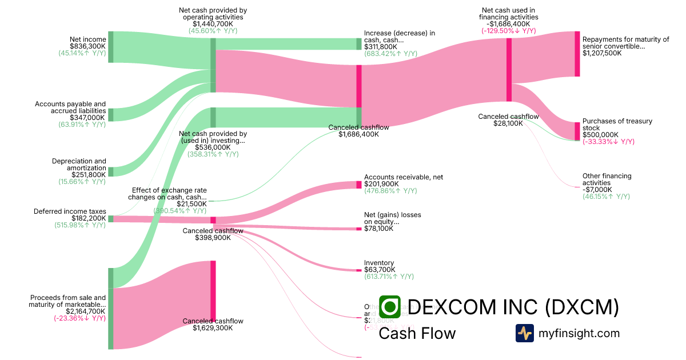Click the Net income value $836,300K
tap(87, 46)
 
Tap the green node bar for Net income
tap(111, 46)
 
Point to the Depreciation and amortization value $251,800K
tap(87, 175)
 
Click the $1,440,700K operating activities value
tap(213, 24)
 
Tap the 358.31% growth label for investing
tap(213, 154)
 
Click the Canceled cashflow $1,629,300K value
tap(213, 328)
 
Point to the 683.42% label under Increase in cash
tap(390, 54)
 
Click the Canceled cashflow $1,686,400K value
tap(358, 134)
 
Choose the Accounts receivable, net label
tap(404, 177)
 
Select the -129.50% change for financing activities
tap(508, 31)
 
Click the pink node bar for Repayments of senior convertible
tap(577, 54)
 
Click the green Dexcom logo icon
tap(389, 307)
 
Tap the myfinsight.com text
tap(579, 333)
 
